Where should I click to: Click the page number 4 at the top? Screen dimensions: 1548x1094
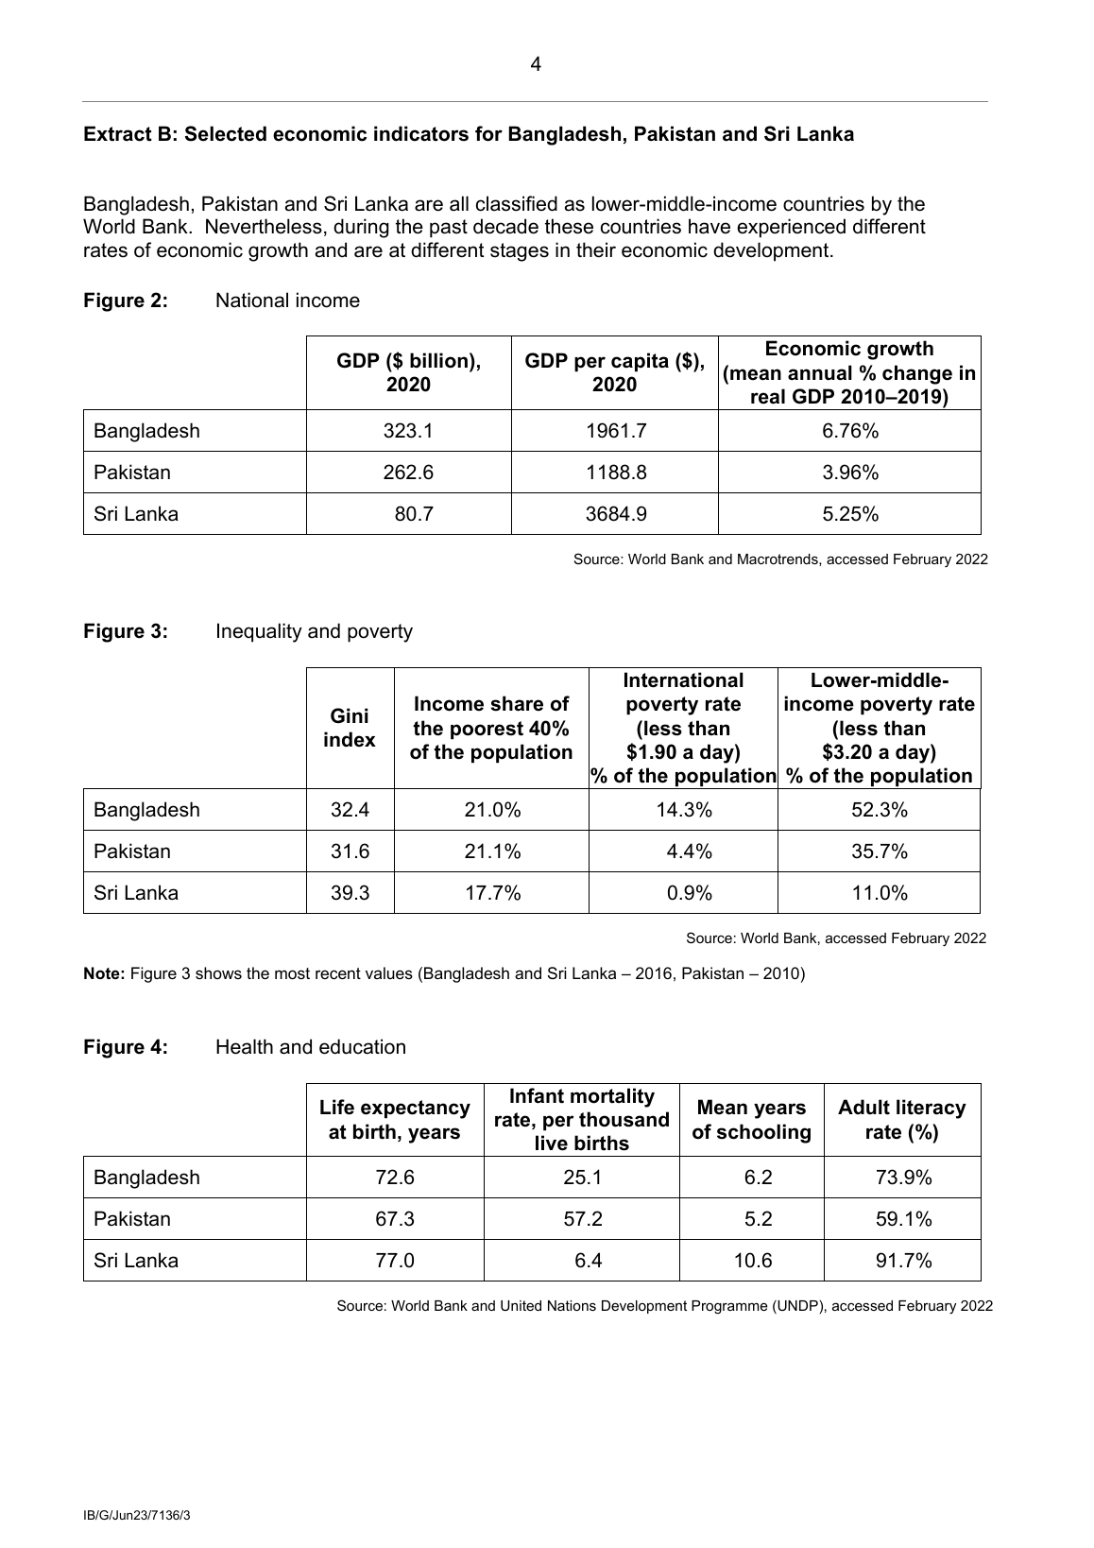pyautogui.click(x=536, y=65)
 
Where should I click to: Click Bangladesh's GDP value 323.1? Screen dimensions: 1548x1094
pyautogui.click(x=408, y=431)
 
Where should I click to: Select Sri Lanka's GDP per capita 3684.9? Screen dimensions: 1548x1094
pyautogui.click(x=616, y=514)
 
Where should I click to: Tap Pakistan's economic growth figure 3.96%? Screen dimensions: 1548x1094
pyautogui.click(x=850, y=473)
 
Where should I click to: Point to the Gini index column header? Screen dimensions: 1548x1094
pyautogui.click(x=350, y=729)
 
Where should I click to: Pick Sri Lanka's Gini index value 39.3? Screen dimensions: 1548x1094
pyautogui.click(x=350, y=893)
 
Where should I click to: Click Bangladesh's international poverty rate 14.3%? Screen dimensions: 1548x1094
pyautogui.click(x=684, y=810)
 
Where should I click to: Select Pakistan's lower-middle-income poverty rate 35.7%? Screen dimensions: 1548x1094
pyautogui.click(x=880, y=851)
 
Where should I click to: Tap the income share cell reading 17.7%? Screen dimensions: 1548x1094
pyautogui.click(x=492, y=893)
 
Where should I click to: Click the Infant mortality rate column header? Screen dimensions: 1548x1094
pyautogui.click(x=581, y=1120)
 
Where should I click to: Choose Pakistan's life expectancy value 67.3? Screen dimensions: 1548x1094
pyautogui.click(x=395, y=1219)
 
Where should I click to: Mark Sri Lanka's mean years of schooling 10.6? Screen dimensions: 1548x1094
pyautogui.click(x=753, y=1261)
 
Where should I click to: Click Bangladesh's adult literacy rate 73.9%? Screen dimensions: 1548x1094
pyautogui.click(x=903, y=1178)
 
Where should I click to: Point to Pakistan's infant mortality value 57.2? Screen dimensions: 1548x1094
pyautogui.click(x=583, y=1219)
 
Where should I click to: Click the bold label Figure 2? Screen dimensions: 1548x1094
pyautogui.click(x=126, y=301)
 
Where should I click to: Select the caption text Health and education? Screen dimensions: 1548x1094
pyautogui.click(x=311, y=1047)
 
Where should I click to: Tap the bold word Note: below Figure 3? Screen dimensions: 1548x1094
pyautogui.click(x=104, y=973)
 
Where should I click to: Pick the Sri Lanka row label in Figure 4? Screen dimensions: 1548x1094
pyautogui.click(x=136, y=1261)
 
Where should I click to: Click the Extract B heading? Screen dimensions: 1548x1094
pyautogui.click(x=469, y=134)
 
